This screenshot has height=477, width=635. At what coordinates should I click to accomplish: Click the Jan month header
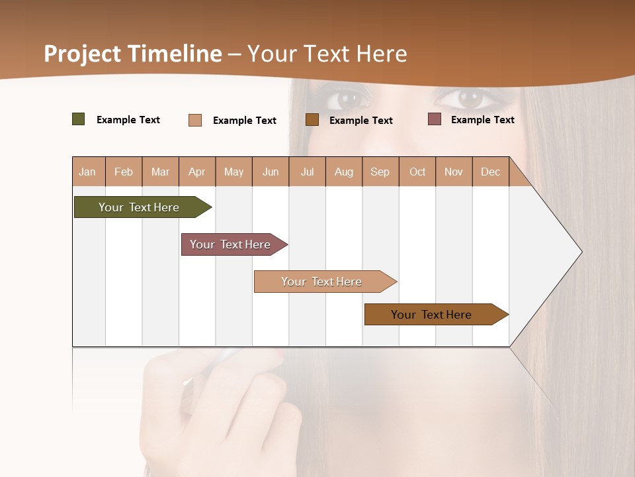pos(88,172)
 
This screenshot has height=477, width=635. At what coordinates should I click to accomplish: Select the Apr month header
pos(197,172)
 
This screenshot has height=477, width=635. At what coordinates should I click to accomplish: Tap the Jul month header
pos(307,172)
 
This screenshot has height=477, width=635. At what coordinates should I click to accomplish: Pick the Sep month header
pos(380,172)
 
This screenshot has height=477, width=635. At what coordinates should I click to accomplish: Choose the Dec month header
pos(490,172)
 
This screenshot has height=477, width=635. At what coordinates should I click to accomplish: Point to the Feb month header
pos(124,172)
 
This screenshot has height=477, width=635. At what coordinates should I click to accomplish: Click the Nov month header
pos(453,172)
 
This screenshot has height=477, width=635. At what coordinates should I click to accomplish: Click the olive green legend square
pos(79,119)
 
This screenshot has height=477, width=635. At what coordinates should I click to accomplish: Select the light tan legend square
pos(195,120)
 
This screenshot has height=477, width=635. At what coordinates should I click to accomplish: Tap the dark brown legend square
pos(312,119)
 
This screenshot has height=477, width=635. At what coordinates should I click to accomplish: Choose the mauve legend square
pos(435,119)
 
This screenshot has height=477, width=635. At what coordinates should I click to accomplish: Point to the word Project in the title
pos(83,54)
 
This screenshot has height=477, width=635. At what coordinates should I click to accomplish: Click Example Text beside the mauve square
pos(482,120)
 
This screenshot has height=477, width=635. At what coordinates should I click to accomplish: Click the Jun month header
pos(271,172)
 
